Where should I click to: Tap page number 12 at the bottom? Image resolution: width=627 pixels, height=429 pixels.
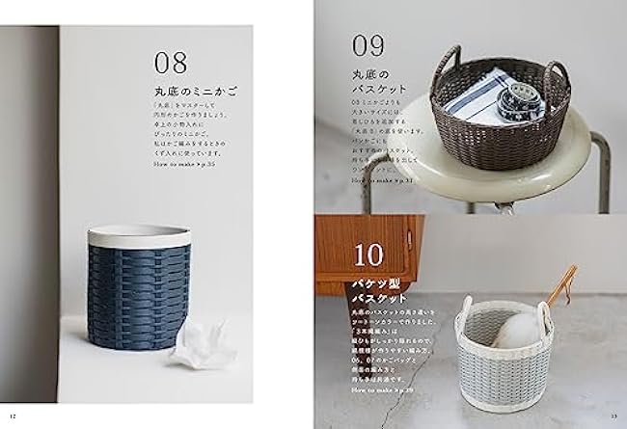point(14,417)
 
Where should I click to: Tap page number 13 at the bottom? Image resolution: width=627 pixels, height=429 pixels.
point(613,417)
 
